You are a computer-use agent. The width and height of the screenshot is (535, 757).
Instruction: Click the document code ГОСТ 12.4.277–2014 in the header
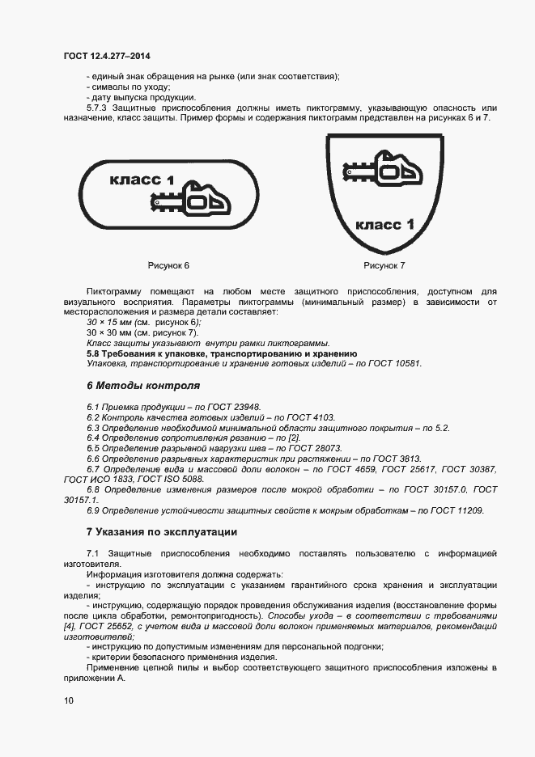pyautogui.click(x=107, y=56)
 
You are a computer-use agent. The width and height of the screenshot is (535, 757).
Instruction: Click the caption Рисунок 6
pyautogui.click(x=168, y=265)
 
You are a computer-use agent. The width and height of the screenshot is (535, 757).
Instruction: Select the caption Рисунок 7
pyautogui.click(x=384, y=265)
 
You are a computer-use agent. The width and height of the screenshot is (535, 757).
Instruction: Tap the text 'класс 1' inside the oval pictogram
pyautogui.click(x=141, y=180)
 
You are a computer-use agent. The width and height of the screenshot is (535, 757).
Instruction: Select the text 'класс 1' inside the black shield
pyautogui.click(x=384, y=222)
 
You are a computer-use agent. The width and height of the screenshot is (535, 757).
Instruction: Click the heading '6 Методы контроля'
pyautogui.click(x=142, y=385)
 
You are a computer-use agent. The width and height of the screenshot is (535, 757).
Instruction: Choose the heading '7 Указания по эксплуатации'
pyautogui.click(x=162, y=532)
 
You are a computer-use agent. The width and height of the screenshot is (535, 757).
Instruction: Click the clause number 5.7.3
pyautogui.click(x=98, y=108)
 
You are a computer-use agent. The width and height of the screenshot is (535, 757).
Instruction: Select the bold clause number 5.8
pyautogui.click(x=94, y=353)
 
